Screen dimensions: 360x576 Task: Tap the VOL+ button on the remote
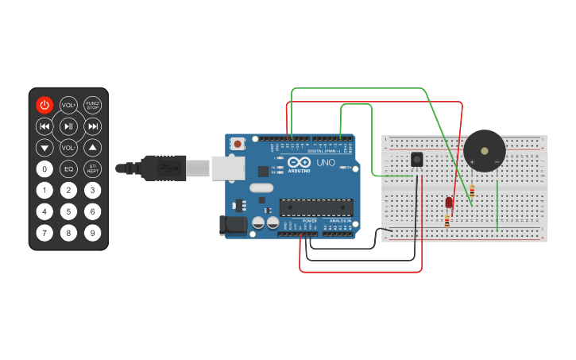click(68, 105)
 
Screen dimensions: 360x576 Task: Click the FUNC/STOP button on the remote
click(93, 105)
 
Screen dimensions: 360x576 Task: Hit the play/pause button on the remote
click(68, 126)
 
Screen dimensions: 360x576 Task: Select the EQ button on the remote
click(68, 168)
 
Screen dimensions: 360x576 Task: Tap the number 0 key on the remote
click(44, 168)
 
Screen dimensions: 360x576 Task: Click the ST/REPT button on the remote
click(93, 168)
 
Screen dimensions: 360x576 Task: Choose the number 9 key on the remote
click(93, 233)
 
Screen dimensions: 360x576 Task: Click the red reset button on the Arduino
click(238, 144)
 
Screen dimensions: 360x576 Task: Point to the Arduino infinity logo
click(299, 163)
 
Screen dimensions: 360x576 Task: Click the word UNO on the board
click(326, 162)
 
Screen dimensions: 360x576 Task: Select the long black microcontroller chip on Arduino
click(316, 207)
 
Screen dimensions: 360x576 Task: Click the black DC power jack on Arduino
click(233, 225)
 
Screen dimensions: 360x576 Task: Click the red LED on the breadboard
click(449, 203)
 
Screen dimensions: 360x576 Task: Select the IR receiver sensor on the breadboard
click(417, 160)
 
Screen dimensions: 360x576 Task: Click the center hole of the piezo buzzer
click(484, 149)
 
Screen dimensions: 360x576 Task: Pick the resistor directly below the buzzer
click(473, 191)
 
